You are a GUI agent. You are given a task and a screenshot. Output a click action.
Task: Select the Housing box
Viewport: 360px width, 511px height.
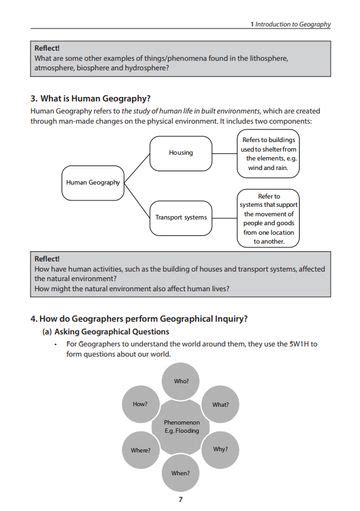tap(181, 152)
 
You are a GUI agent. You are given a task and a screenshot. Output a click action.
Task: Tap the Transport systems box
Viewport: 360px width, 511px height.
tap(181, 216)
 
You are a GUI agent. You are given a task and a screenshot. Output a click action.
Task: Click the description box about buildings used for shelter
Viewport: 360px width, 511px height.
tap(269, 154)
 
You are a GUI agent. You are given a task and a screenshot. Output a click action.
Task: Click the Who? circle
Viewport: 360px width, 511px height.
tap(181, 381)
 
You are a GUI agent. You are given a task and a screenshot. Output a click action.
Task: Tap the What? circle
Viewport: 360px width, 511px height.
tap(221, 404)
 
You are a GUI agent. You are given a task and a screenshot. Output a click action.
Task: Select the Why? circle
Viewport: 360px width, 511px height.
tap(221, 449)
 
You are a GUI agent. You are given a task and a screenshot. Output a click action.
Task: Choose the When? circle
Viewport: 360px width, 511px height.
tap(181, 472)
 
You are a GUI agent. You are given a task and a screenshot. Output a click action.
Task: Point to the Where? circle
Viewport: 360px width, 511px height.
tap(141, 450)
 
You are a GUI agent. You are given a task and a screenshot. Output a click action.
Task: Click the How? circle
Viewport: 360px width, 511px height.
tap(141, 404)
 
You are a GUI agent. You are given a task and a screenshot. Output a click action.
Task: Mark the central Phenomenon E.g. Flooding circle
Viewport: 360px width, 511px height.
tap(181, 427)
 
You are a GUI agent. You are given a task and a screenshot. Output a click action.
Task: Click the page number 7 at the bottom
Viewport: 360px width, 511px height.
tap(180, 498)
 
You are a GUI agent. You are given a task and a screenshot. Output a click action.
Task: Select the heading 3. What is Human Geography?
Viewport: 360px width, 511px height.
tap(91, 98)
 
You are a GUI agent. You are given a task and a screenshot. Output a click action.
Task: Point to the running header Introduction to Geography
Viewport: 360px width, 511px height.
tap(293, 23)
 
